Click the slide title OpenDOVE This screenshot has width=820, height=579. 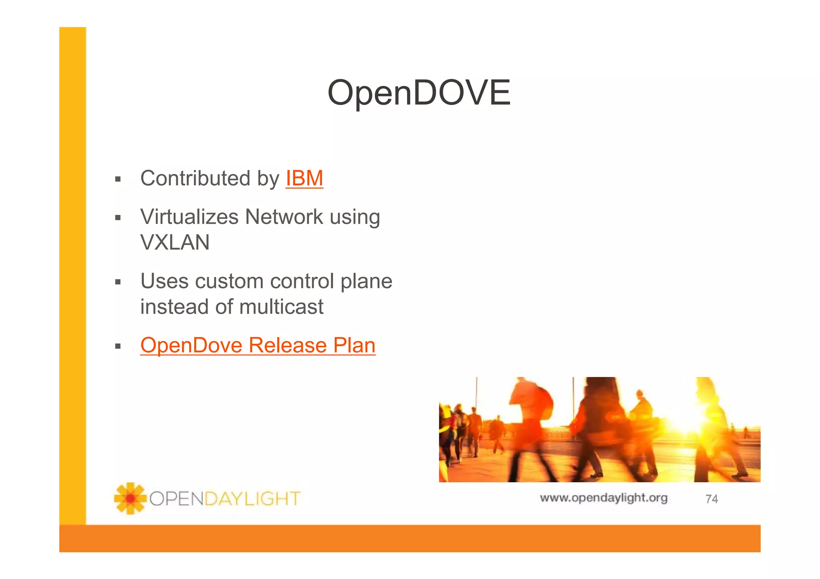tap(419, 93)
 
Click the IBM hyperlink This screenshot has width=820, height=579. tap(304, 178)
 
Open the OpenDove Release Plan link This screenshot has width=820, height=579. tap(258, 345)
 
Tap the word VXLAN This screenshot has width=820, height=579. tap(175, 242)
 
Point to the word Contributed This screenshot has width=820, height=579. tap(195, 178)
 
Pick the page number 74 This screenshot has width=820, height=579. tap(711, 499)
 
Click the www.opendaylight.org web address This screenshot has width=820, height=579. tap(603, 498)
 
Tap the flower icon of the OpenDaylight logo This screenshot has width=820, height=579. tap(130, 498)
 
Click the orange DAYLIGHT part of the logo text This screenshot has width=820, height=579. tap(252, 499)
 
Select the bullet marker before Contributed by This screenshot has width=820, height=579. tap(118, 179)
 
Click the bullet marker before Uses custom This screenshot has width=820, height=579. tap(118, 282)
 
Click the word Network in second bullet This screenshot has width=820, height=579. tap(284, 217)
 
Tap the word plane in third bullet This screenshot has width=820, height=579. tap(366, 281)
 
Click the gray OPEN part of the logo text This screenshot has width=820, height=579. tap(177, 499)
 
